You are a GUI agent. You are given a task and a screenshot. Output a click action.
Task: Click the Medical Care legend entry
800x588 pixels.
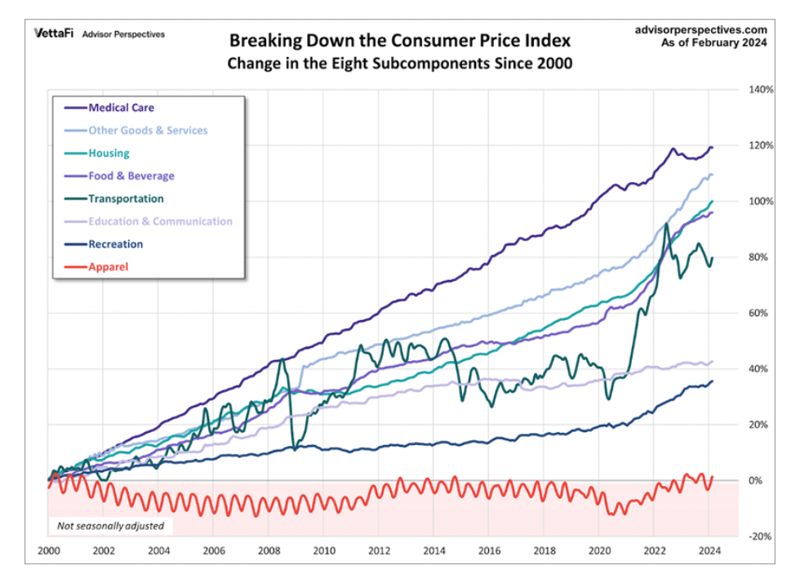[121, 108]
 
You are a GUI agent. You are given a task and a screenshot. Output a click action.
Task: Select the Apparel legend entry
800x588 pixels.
[109, 266]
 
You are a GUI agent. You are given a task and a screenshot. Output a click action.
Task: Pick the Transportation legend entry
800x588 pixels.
[126, 198]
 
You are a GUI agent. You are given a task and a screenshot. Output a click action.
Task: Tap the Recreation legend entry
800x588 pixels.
[116, 244]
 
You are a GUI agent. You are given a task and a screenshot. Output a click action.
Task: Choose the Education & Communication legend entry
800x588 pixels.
[160, 221]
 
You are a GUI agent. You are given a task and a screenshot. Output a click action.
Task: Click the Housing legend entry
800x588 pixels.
[109, 153]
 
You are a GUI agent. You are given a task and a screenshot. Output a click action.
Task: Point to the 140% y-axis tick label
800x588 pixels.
[761, 89]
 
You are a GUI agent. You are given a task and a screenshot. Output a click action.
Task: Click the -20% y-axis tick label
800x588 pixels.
[761, 537]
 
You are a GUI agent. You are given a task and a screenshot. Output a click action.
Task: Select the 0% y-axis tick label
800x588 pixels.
[757, 481]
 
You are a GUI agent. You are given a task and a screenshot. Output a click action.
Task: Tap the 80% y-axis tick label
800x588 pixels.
[759, 257]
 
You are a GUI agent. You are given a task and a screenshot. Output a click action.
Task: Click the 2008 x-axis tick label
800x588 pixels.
[269, 551]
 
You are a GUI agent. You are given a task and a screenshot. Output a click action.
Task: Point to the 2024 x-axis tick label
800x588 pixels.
[710, 551]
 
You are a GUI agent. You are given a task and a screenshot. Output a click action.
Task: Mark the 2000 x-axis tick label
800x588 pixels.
[49, 551]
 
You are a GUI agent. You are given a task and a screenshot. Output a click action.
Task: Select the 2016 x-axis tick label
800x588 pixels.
[490, 551]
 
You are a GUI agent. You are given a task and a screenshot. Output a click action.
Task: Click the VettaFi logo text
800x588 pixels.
[53, 34]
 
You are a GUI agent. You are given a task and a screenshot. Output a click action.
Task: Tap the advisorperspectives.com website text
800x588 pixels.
[700, 29]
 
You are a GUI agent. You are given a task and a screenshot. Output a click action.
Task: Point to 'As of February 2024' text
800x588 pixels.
[714, 43]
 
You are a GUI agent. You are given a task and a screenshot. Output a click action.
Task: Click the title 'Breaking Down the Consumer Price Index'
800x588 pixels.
[400, 41]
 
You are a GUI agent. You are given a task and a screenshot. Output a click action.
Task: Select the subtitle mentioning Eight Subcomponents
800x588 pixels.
[400, 64]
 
